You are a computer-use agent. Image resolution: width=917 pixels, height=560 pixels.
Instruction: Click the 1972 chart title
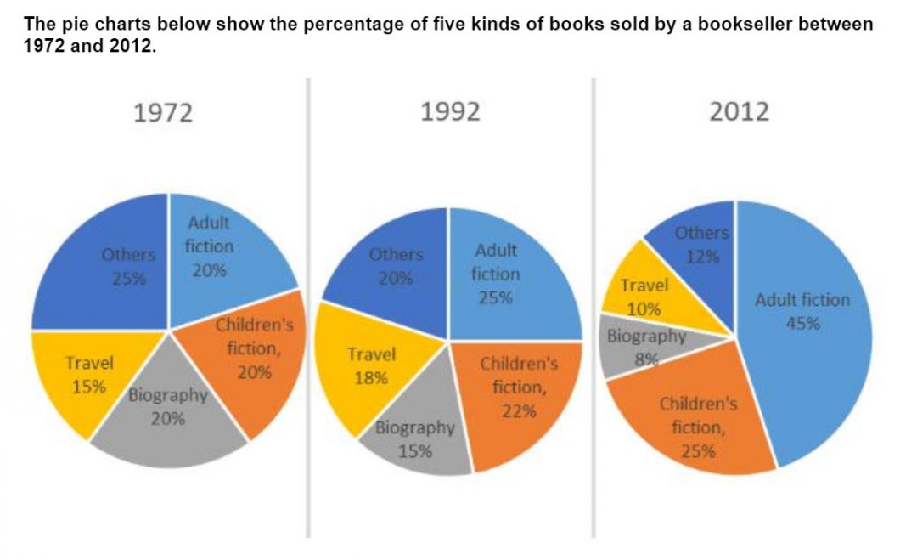coord(164,113)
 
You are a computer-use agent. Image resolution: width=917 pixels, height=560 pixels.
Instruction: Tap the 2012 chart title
coord(739,111)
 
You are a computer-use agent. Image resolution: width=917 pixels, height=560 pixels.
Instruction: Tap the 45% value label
coord(802,323)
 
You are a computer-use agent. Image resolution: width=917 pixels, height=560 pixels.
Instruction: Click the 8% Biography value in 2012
coord(647,359)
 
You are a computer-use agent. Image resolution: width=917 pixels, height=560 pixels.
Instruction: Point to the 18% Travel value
coord(370,378)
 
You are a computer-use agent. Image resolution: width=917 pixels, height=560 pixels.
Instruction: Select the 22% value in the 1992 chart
coord(519,411)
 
